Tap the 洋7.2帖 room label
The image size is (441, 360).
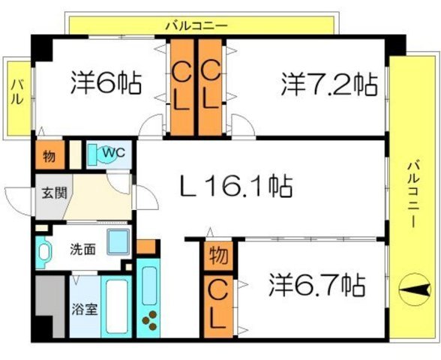click(329, 83)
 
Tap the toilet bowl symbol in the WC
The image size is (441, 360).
click(94, 154)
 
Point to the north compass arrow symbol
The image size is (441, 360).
click(413, 289)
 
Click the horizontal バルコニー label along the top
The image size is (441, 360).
click(196, 25)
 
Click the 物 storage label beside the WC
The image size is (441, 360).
click(48, 156)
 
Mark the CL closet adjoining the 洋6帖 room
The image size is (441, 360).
click(181, 85)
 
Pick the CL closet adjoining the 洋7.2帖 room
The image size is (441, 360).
click(211, 85)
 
